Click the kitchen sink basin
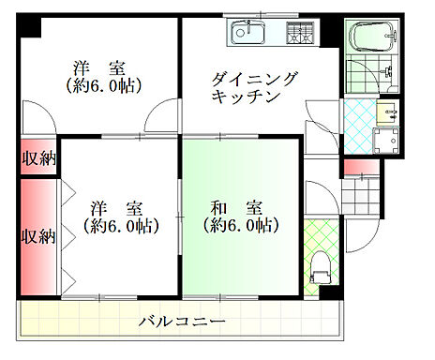pyautogui.click(x=247, y=34)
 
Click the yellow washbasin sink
pyautogui.click(x=388, y=114)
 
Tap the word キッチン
pyautogui.click(x=241, y=97)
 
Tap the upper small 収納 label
pyautogui.click(x=37, y=157)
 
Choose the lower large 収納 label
pyautogui.click(x=37, y=235)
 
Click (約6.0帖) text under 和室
pyautogui.click(x=240, y=226)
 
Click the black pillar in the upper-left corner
pyautogui.click(x=29, y=26)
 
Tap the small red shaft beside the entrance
pyautogui.click(x=357, y=168)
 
